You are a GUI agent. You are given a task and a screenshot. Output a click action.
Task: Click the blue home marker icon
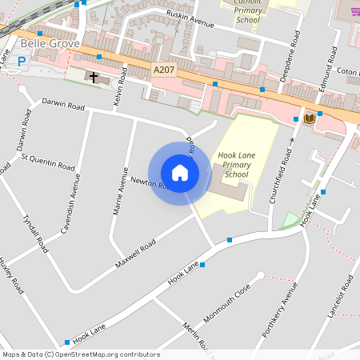(x=180, y=173)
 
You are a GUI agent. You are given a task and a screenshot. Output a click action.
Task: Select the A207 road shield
(x=163, y=70)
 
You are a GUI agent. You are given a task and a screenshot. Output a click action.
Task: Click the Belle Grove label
(x=46, y=42)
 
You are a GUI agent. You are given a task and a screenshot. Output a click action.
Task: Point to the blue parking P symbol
(x=22, y=61)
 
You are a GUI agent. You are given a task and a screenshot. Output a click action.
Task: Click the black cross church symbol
(x=94, y=78)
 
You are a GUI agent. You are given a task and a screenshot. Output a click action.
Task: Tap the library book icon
(x=308, y=118)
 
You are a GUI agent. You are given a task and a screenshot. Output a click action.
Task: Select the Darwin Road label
(x=62, y=105)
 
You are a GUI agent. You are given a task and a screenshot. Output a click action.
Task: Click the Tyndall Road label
(x=36, y=234)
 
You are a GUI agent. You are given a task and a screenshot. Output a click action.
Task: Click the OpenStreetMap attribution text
(x=81, y=354)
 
